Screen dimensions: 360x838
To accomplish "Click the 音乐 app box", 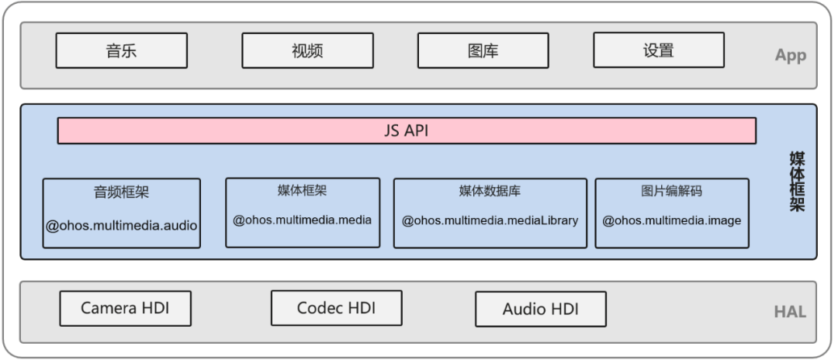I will (x=121, y=51).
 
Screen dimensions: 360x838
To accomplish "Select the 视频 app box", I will (x=307, y=51).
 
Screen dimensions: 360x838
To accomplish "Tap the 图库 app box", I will (x=483, y=51).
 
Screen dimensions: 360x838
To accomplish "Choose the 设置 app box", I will (x=659, y=50).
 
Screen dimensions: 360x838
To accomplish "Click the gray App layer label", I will (x=790, y=56).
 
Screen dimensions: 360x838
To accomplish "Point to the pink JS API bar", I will (x=406, y=131).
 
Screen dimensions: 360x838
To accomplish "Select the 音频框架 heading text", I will (x=121, y=193).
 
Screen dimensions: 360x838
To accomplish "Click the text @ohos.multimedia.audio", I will (x=121, y=226).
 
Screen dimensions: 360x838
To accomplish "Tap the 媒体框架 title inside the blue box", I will (x=302, y=190).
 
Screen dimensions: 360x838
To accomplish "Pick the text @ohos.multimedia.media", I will (x=302, y=220).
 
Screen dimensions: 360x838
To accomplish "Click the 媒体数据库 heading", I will (x=490, y=191).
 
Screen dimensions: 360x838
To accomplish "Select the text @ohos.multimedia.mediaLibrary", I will (x=490, y=220).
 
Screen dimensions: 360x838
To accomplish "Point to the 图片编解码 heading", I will (x=672, y=191).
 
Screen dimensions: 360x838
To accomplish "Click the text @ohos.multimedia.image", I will (x=672, y=220).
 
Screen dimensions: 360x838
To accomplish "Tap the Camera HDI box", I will (x=125, y=309).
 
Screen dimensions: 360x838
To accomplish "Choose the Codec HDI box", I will (x=336, y=308).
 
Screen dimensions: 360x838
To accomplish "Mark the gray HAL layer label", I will (x=790, y=312).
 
